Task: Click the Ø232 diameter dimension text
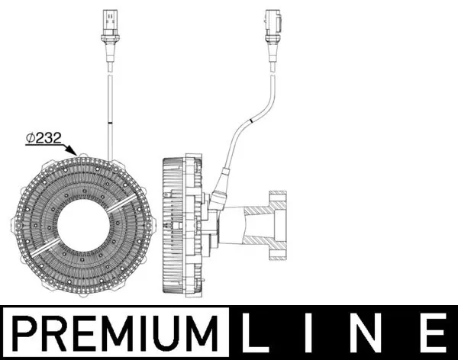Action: click(x=44, y=138)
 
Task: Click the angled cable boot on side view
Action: click(x=221, y=191)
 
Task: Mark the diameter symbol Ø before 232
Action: click(x=29, y=138)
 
